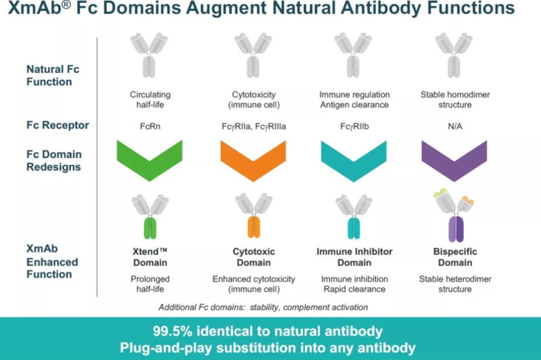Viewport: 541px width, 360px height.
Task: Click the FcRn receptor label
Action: (x=150, y=126)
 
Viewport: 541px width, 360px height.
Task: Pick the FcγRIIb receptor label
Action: (x=354, y=126)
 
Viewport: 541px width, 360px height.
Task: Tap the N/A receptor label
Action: (x=455, y=126)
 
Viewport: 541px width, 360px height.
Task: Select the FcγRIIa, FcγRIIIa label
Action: (x=253, y=126)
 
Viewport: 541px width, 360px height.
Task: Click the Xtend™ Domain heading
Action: (x=150, y=257)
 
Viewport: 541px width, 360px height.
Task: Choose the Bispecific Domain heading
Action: (x=455, y=257)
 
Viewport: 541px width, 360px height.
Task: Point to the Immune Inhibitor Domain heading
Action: (x=354, y=257)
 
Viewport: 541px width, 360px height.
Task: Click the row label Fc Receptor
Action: (x=58, y=125)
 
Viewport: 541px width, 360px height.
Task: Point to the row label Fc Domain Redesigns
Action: (x=54, y=160)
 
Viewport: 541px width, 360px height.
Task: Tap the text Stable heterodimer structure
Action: (x=455, y=284)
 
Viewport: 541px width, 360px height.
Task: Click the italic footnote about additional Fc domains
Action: (x=263, y=307)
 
